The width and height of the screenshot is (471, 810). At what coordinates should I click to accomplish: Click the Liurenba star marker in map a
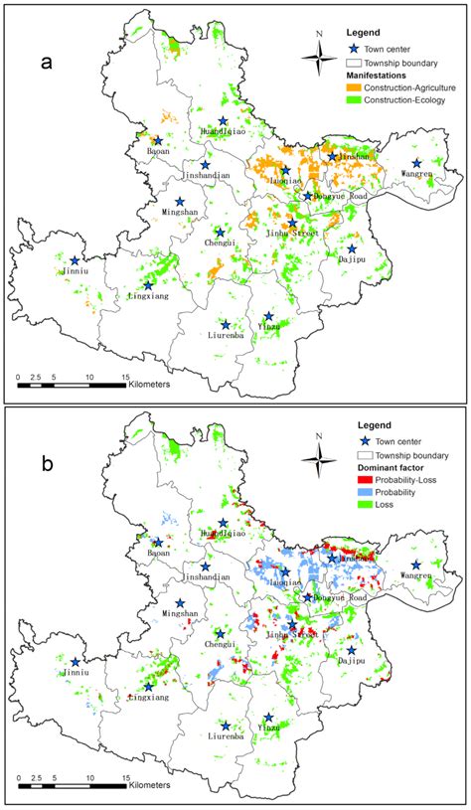pyautogui.click(x=227, y=324)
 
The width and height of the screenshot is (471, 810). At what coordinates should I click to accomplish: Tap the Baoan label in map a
pyautogui.click(x=157, y=152)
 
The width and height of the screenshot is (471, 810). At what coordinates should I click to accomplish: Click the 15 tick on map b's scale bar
pyautogui.click(x=125, y=777)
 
